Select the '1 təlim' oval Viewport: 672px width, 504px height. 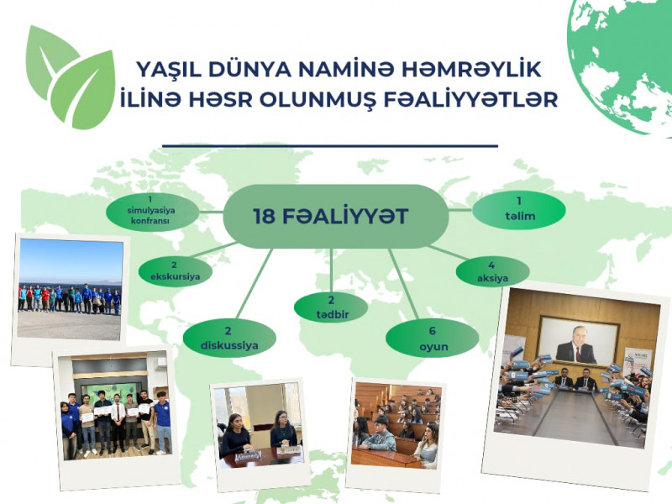(x=518, y=210)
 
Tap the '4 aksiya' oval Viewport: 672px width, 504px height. (x=492, y=270)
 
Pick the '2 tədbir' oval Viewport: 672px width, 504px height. (x=331, y=307)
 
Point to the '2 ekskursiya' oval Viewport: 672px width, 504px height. (x=175, y=268)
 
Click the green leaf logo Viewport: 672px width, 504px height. (x=71, y=76)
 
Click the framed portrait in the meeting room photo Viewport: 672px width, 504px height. (x=575, y=339)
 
